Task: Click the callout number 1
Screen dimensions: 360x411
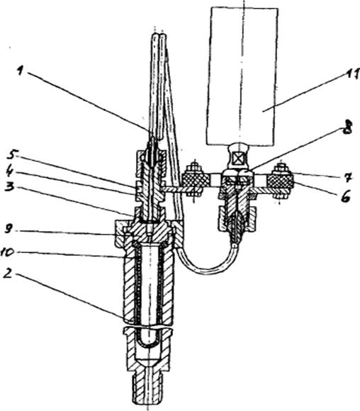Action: [21, 70]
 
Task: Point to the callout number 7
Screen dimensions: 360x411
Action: [347, 177]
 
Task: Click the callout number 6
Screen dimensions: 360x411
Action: [346, 196]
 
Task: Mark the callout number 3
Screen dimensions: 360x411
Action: [10, 186]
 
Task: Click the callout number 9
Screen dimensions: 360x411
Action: [9, 229]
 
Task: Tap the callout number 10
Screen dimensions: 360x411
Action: [7, 252]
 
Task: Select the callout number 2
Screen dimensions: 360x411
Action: [9, 274]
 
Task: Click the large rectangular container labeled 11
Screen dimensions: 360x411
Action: [242, 76]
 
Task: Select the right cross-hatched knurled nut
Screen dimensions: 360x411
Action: [280, 181]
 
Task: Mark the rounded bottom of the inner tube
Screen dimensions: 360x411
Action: [147, 341]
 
